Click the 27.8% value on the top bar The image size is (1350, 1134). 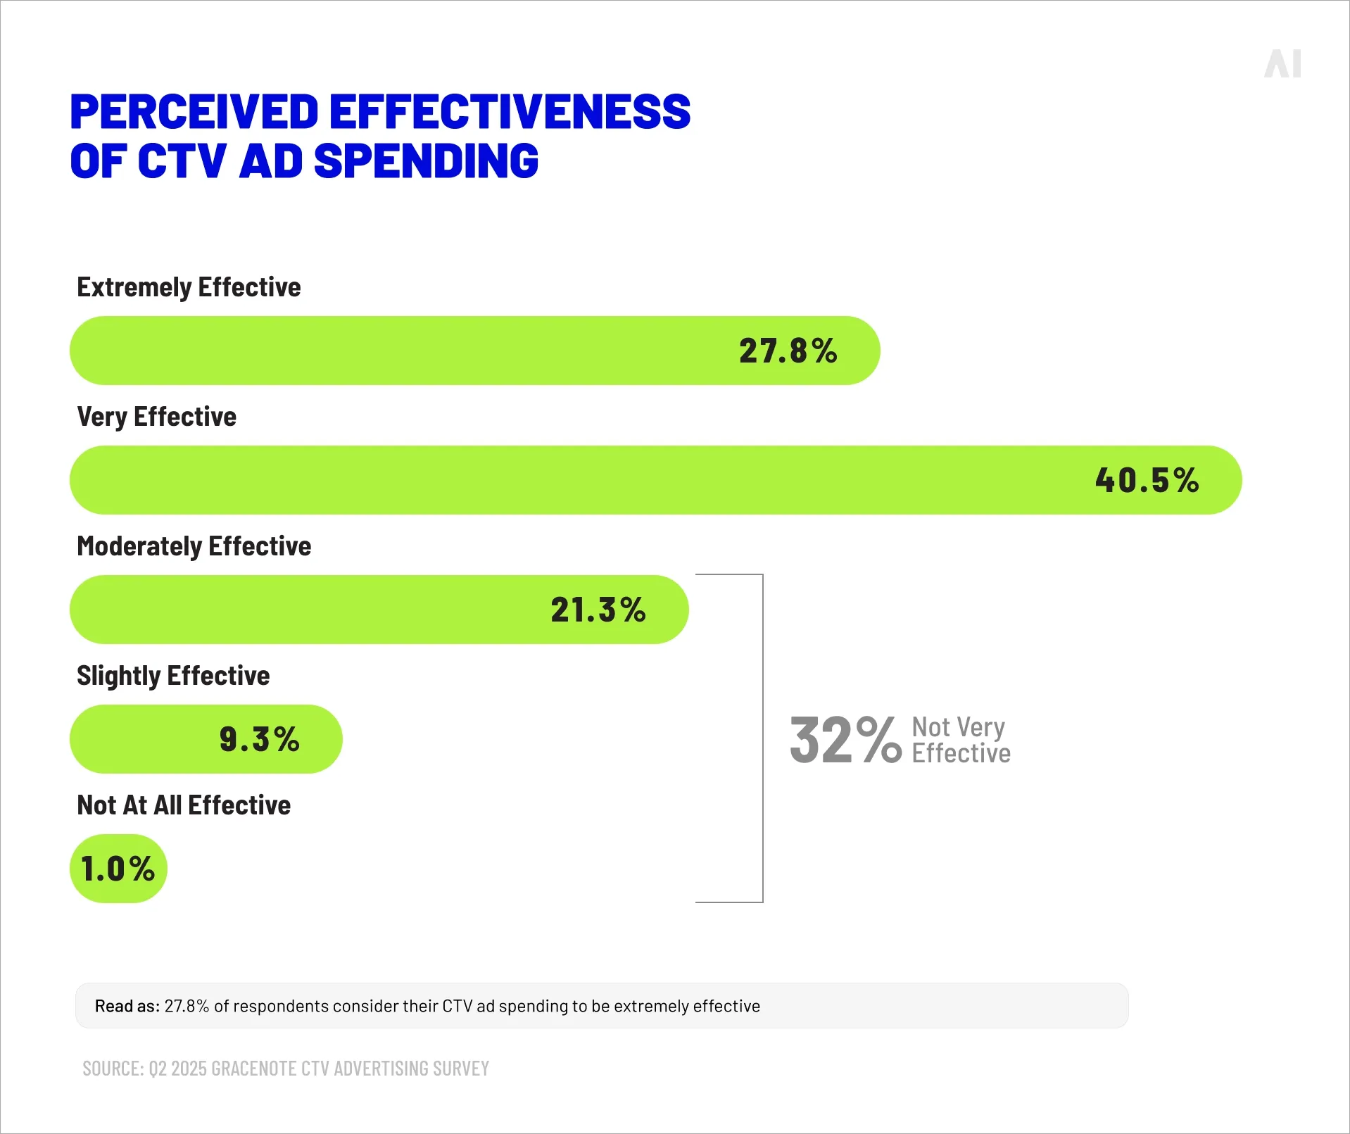788,351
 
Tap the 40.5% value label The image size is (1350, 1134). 1147,480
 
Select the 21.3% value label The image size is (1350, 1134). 598,610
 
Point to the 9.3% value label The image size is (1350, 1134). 259,739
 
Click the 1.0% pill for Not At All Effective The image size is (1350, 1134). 118,869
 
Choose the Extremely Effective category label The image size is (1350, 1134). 189,287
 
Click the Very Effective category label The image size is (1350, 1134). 156,417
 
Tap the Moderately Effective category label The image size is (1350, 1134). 194,546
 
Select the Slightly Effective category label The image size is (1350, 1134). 173,676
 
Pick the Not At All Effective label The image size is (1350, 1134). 184,805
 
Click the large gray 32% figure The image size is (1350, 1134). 845,740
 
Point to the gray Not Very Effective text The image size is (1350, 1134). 960,740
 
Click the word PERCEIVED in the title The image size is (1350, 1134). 194,112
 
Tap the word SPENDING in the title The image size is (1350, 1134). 426,161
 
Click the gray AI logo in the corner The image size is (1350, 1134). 1282,64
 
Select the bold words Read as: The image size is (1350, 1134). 127,1006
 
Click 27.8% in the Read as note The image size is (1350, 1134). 187,1006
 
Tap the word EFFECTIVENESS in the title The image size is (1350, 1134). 510,112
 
